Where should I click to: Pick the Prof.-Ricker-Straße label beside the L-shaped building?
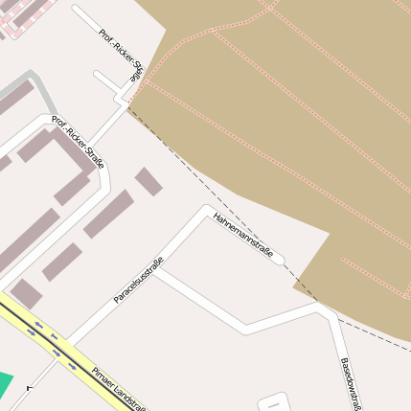[78, 143]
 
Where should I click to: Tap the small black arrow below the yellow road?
[31, 388]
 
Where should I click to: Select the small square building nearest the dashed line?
[148, 181]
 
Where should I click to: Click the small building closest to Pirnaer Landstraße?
[25, 293]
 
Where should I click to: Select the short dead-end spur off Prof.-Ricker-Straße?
[105, 80]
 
